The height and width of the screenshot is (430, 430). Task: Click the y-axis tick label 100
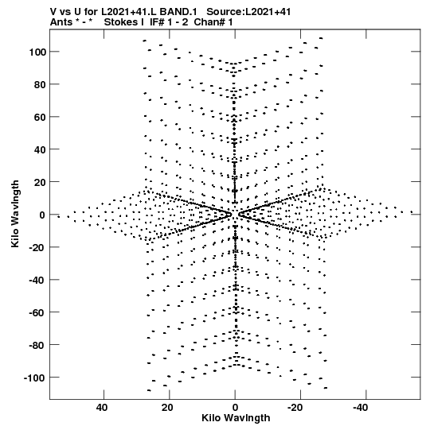(37, 52)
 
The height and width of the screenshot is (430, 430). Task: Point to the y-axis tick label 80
(40, 84)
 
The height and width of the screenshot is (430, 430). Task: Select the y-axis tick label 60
(40, 117)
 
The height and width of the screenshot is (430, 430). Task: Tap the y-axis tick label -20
(38, 247)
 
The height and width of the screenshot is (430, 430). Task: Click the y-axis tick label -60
(38, 312)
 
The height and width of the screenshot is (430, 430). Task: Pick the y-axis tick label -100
(35, 378)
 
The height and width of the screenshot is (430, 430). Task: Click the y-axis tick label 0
(42, 215)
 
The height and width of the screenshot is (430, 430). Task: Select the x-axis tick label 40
(102, 408)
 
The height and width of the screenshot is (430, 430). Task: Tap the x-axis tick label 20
(167, 408)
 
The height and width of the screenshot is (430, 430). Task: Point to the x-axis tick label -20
(295, 408)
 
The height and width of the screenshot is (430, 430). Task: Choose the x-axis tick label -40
(361, 408)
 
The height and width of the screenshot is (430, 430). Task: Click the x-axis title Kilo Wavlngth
(236, 418)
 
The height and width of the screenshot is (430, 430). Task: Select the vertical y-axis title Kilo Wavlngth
(15, 214)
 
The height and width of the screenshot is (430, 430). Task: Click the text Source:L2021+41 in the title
(248, 12)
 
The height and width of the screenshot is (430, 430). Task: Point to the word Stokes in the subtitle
(121, 22)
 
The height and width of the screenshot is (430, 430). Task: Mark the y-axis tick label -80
(38, 345)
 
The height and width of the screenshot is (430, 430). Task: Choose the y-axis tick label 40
(40, 149)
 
